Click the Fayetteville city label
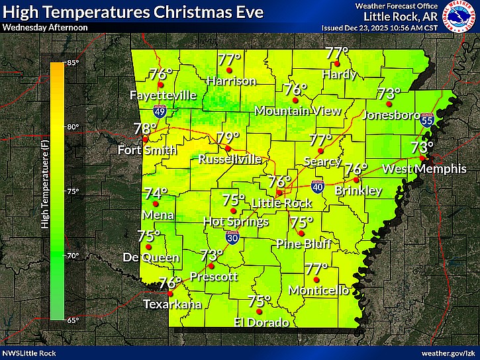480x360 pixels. (164, 95)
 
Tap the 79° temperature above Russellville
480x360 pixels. (228, 138)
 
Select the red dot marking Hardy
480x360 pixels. (336, 64)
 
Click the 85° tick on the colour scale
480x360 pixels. (72, 63)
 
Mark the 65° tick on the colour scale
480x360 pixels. (72, 320)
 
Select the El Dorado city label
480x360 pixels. (262, 323)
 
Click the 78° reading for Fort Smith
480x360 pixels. (145, 128)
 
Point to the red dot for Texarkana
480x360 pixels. (170, 294)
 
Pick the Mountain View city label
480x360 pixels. (297, 111)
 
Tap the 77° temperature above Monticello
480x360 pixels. (316, 269)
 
